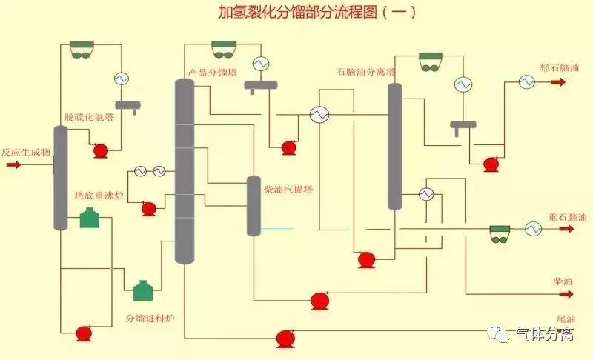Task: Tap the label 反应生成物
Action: (25, 152)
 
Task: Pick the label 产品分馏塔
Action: (211, 73)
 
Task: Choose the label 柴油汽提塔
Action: (288, 190)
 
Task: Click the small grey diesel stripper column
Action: (254, 205)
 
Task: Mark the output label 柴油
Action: (563, 281)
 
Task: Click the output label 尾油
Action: (566, 319)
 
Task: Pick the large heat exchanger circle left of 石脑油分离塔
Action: (319, 115)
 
